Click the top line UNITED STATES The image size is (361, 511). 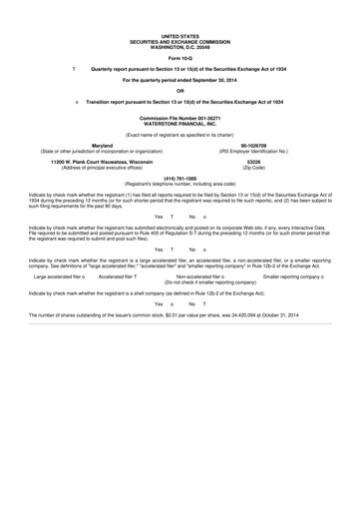tap(180, 6)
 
